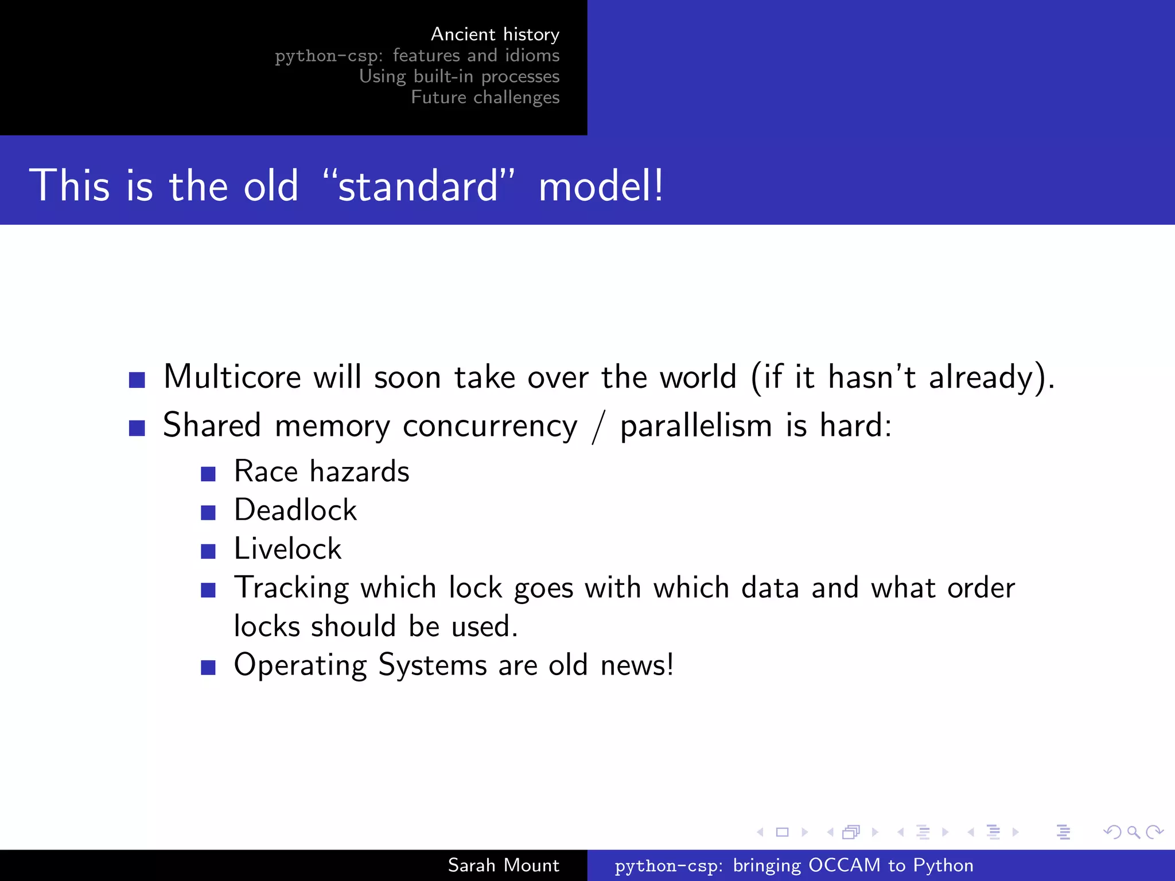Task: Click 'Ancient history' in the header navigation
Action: pyautogui.click(x=495, y=34)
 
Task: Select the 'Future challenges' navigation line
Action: pyautogui.click(x=485, y=98)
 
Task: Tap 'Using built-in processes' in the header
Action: pyautogui.click(x=459, y=76)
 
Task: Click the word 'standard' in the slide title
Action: pyautogui.click(x=418, y=186)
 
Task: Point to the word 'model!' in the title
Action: pyautogui.click(x=601, y=186)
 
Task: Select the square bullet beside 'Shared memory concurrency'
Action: pyautogui.click(x=137, y=428)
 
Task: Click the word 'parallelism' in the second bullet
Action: pyautogui.click(x=696, y=426)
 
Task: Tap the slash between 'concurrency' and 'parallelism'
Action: pyautogui.click(x=598, y=427)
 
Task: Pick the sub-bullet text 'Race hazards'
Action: pyautogui.click(x=321, y=471)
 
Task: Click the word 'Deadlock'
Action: pyautogui.click(x=295, y=510)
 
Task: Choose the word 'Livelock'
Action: pyautogui.click(x=287, y=548)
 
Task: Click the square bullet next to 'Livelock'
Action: pyautogui.click(x=208, y=551)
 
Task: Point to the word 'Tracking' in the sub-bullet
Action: pyautogui.click(x=291, y=588)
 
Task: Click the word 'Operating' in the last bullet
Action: pyautogui.click(x=300, y=666)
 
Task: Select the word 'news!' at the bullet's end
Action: pyautogui.click(x=637, y=665)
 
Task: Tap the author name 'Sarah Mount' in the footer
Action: pyautogui.click(x=503, y=865)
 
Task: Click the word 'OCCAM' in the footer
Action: pyautogui.click(x=844, y=865)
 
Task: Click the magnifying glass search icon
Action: pyautogui.click(x=1133, y=832)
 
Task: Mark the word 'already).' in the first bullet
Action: pyautogui.click(x=992, y=378)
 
